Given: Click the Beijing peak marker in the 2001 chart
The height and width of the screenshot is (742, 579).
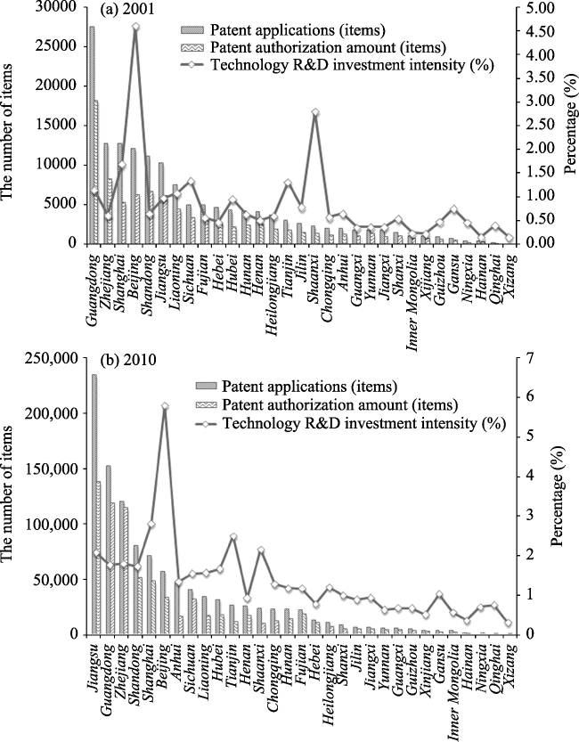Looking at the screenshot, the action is point(135,27).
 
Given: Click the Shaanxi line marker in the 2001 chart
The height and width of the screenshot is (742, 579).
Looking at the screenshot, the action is point(315,112).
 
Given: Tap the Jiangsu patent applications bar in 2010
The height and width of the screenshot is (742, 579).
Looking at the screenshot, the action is point(94,504).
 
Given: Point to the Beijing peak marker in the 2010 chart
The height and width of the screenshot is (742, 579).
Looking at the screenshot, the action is point(165,406).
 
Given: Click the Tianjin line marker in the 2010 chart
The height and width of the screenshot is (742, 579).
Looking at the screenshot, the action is point(232,536).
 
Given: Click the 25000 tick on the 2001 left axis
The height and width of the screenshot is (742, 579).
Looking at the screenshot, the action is point(53,46).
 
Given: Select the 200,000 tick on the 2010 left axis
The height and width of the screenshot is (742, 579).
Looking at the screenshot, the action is point(48,413).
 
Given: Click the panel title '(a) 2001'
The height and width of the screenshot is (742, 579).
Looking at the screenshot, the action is point(126,9).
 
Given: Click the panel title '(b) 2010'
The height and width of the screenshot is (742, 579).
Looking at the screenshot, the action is point(127,360).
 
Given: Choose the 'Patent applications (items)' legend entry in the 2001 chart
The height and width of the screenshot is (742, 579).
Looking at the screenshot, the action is point(283,30).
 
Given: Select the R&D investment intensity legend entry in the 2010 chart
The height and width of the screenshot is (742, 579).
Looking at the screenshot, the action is point(350,423).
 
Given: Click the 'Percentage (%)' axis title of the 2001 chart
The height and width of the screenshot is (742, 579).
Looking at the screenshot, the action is point(571,126).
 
